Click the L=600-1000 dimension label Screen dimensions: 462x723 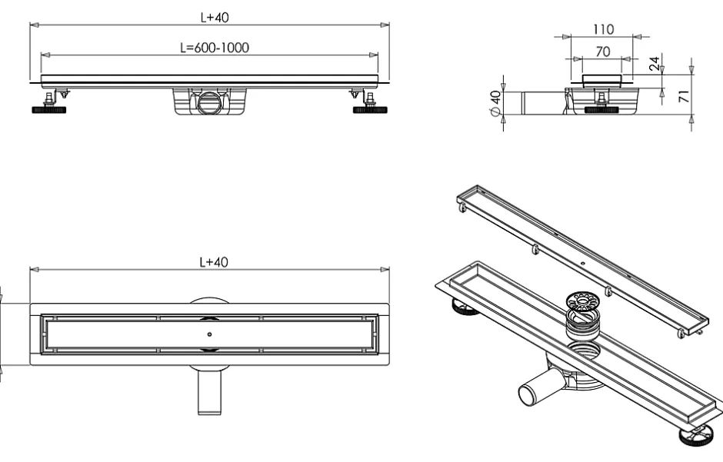pyautogui.click(x=209, y=48)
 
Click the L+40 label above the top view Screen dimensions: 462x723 pyautogui.click(x=209, y=262)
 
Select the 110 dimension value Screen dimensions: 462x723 pyautogui.click(x=602, y=30)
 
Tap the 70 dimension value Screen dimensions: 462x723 pyautogui.click(x=602, y=52)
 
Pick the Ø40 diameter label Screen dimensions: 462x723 pyautogui.click(x=496, y=102)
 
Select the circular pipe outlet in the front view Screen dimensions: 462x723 pyautogui.click(x=208, y=103)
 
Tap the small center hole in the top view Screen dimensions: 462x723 pyautogui.click(x=209, y=334)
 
